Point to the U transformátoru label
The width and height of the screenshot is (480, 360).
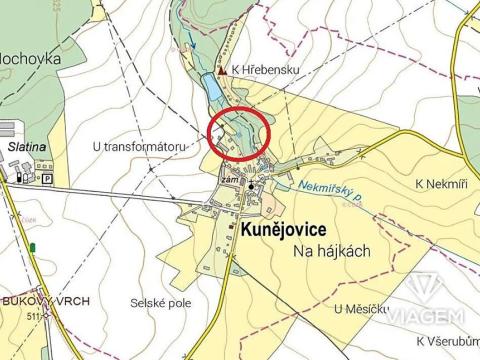[x=139, y=146]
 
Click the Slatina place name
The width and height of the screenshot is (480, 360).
[x=27, y=146]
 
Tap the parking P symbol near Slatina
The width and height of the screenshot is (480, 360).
[x=47, y=178]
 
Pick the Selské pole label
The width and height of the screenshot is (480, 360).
[x=161, y=302]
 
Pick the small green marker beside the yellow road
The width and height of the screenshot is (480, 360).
[x=33, y=247]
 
